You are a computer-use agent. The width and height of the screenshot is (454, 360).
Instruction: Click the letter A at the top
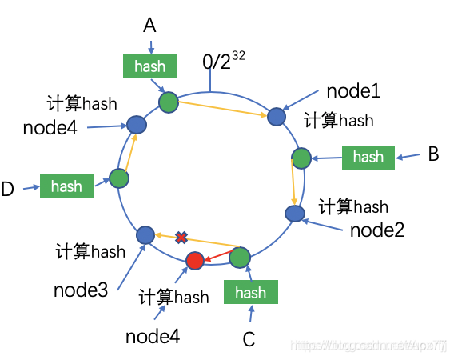[x=150, y=26]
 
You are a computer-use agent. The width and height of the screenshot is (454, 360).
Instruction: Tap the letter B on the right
[x=433, y=154]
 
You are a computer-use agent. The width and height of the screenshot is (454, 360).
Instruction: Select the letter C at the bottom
[x=249, y=340]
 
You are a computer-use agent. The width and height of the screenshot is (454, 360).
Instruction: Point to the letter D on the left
[x=8, y=190]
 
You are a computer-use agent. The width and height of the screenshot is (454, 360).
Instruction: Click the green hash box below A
[x=150, y=66]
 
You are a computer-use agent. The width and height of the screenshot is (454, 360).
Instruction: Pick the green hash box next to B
[x=368, y=157]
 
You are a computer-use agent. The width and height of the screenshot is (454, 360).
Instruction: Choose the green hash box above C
[x=250, y=293]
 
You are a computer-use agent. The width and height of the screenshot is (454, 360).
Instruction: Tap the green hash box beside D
[x=66, y=186]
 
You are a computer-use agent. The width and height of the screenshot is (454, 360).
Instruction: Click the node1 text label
[x=352, y=91]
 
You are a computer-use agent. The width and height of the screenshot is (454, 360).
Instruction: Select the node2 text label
[x=377, y=231]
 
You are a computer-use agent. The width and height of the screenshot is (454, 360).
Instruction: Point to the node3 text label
[x=81, y=289]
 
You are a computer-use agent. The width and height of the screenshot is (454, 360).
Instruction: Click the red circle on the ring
[x=195, y=261]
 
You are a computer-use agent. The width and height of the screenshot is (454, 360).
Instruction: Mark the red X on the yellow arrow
[x=181, y=238]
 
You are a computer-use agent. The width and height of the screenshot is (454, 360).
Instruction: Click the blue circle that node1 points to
[x=276, y=117]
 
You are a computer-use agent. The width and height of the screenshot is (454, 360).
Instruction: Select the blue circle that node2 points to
[x=294, y=214]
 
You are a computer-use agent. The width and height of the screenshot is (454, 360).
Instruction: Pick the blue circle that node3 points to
[x=145, y=234]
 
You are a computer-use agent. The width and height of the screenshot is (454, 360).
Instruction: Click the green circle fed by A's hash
[x=169, y=102]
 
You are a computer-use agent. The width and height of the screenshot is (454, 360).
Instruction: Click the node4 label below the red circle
[x=153, y=336]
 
